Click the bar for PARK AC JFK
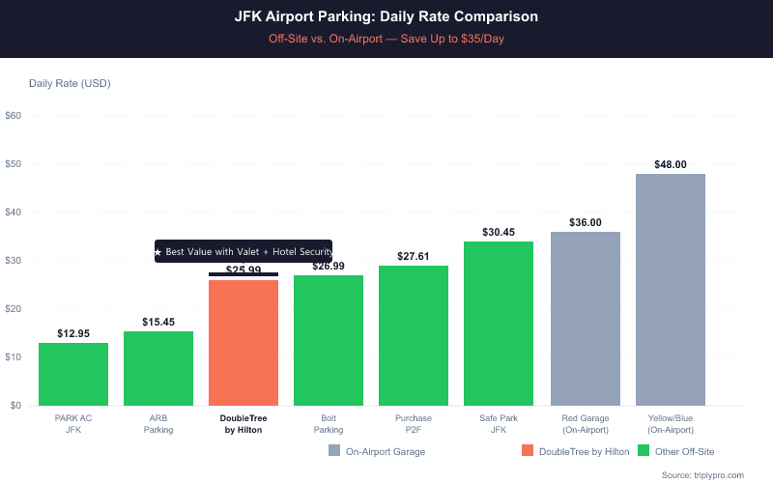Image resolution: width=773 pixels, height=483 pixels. click(73, 374)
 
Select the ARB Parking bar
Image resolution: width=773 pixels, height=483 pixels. click(158, 368)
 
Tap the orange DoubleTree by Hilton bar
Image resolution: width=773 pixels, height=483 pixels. click(243, 342)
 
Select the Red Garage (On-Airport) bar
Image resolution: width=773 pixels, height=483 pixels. click(586, 318)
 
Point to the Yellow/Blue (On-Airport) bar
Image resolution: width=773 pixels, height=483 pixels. click(671, 289)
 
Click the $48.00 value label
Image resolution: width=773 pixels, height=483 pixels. click(671, 164)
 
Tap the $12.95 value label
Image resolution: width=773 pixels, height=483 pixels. click(73, 333)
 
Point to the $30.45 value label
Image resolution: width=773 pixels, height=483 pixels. click(499, 232)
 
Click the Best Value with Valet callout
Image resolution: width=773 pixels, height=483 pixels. click(243, 251)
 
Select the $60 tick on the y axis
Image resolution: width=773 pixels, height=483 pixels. click(14, 116)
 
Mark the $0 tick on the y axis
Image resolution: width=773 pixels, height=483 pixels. click(14, 406)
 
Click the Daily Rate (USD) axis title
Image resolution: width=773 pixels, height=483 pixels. click(70, 83)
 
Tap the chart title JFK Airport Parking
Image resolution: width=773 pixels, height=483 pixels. click(386, 17)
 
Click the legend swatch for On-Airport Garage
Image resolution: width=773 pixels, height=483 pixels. click(334, 451)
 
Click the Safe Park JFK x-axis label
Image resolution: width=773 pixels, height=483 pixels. click(499, 423)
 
